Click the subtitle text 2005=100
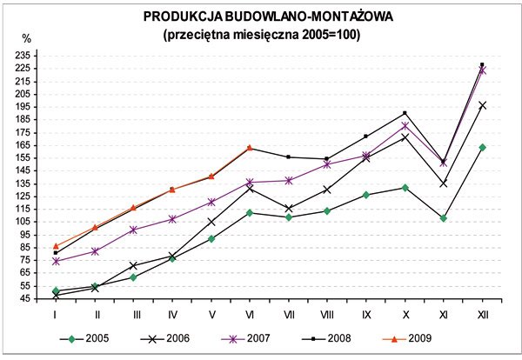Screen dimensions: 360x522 click(x=328, y=35)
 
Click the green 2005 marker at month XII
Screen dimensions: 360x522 click(x=483, y=147)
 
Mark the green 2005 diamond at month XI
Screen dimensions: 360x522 click(x=444, y=218)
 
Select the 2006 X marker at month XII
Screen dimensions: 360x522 click(x=483, y=105)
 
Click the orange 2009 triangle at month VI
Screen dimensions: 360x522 click(x=250, y=148)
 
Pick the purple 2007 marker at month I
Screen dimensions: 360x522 click(x=56, y=261)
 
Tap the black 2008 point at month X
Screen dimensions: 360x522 click(x=405, y=113)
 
